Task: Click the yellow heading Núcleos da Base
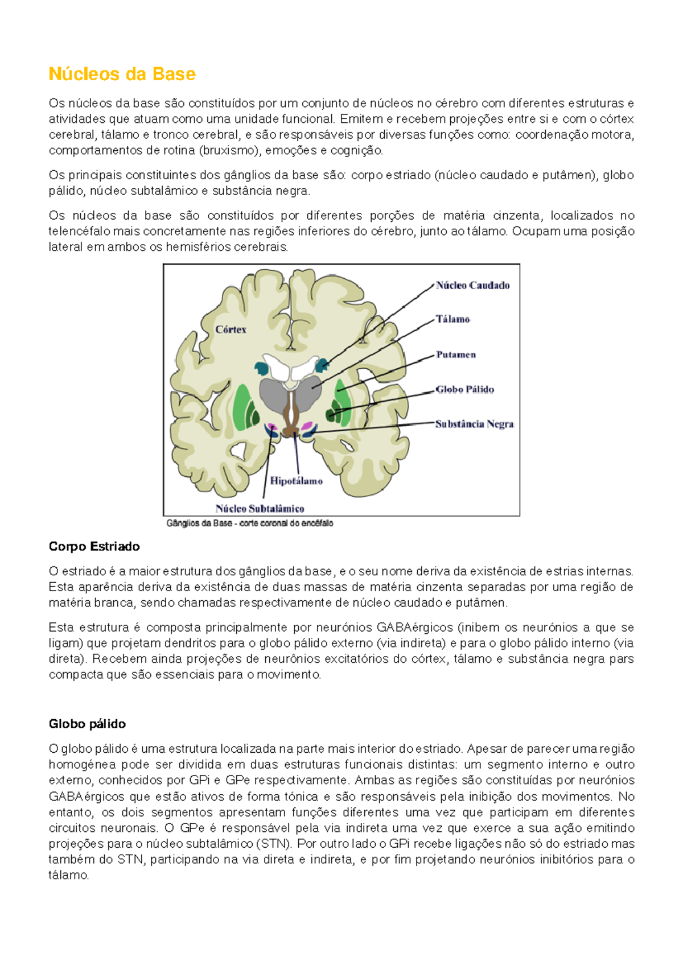click(x=122, y=74)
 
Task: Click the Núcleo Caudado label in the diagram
click(x=472, y=286)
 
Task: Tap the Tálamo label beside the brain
click(x=453, y=319)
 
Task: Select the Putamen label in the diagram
click(x=456, y=354)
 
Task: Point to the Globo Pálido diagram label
click(x=464, y=390)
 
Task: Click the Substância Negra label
click(x=474, y=424)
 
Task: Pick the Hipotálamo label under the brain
click(x=296, y=481)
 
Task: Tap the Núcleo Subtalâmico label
click(x=260, y=509)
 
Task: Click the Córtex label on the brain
click(x=231, y=329)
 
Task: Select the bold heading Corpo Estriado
click(x=94, y=546)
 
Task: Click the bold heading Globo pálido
click(x=87, y=724)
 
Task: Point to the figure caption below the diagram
click(x=249, y=523)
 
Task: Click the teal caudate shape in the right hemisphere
click(x=322, y=365)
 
